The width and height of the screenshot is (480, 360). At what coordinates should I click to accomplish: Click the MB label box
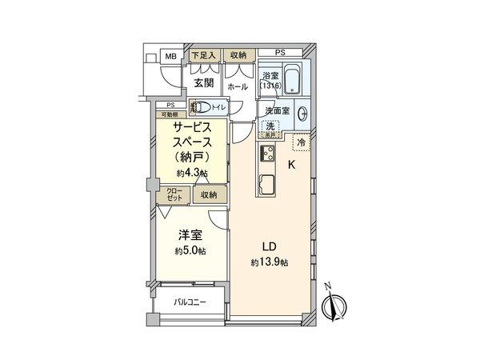click(170, 56)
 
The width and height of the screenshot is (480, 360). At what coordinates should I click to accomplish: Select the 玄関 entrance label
click(202, 81)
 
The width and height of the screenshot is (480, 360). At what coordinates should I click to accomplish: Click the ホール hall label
click(238, 86)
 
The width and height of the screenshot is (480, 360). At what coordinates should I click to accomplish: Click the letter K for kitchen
click(292, 166)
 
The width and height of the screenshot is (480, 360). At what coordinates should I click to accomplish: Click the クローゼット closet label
click(174, 194)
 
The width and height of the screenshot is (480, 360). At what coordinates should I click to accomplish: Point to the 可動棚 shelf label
click(168, 114)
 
